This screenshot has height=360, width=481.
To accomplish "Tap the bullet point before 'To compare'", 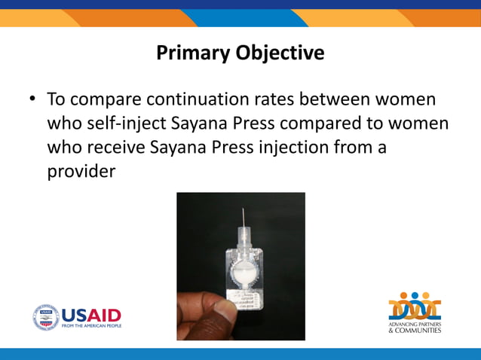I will click(32, 99).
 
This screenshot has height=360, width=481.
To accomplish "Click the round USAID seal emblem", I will click(45, 317).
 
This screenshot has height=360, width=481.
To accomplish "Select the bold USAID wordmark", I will click(90, 314).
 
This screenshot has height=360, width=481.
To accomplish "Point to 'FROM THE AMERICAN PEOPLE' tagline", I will click(90, 326).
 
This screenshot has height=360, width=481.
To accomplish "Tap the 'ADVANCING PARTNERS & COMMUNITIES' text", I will click(415, 327).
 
